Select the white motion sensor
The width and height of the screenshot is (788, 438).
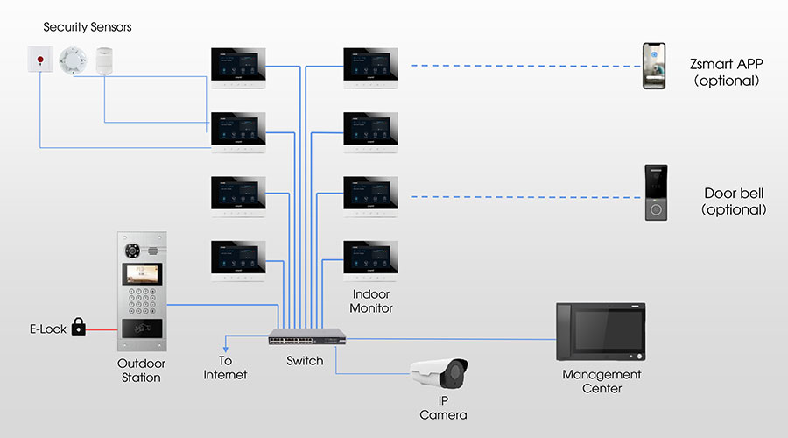click(x=106, y=61)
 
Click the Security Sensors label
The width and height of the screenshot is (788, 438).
click(x=88, y=28)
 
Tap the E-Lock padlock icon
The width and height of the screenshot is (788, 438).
click(x=79, y=328)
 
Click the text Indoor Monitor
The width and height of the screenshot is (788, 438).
click(x=370, y=301)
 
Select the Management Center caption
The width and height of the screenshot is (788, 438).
click(x=602, y=381)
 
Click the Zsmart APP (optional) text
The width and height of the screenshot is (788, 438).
click(x=725, y=73)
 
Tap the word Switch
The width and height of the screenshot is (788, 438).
click(x=305, y=361)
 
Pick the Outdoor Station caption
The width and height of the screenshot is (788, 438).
click(x=141, y=371)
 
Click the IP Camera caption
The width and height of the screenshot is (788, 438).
click(x=443, y=407)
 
